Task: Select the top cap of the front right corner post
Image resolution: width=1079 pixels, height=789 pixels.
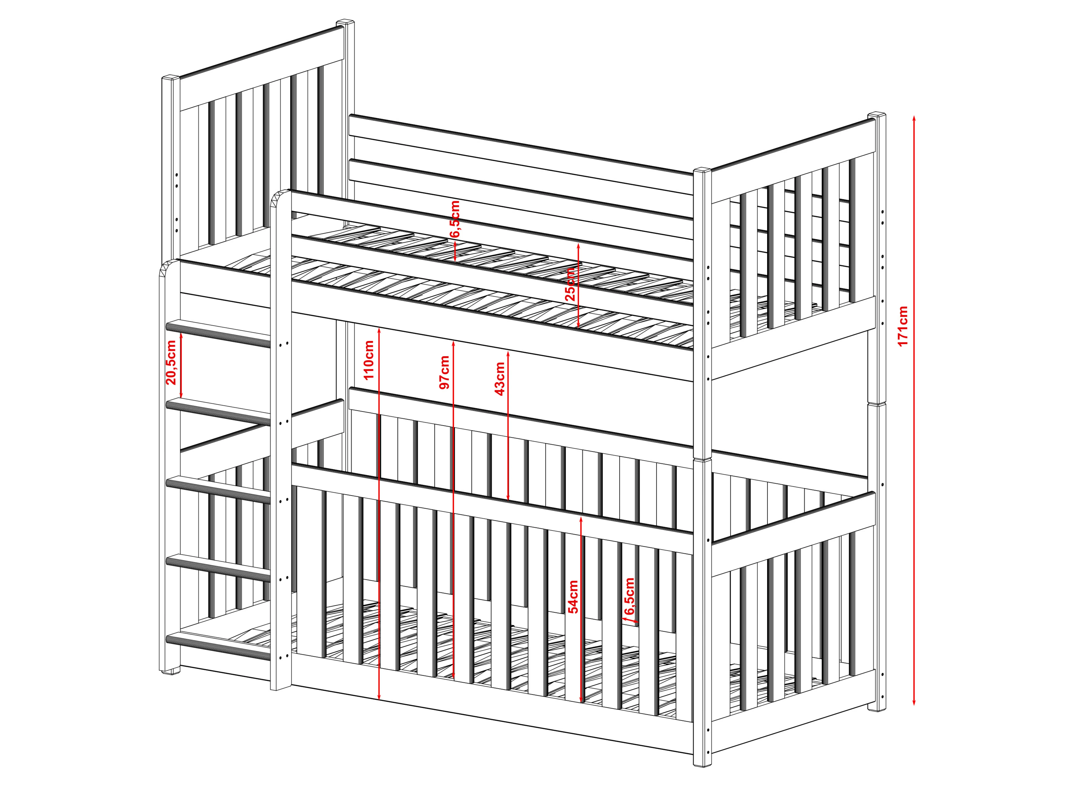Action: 702,171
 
